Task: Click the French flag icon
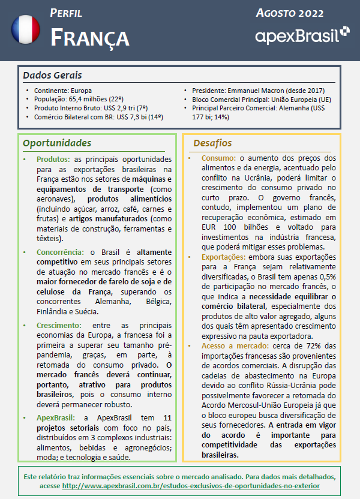pos(26,29)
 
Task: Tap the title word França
pos(89,37)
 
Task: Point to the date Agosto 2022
pos(289,13)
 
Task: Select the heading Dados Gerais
pos(52,76)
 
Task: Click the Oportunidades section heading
pos(57,143)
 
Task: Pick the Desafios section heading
pos(213,143)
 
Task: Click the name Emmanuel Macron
pos(256,90)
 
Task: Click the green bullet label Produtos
pos(53,160)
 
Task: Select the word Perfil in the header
pos(66,13)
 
